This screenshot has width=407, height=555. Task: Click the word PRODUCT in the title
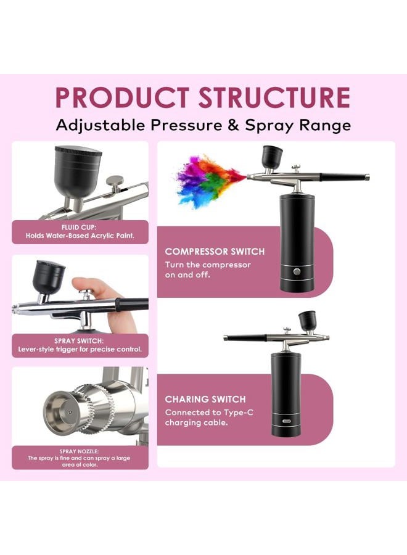122,97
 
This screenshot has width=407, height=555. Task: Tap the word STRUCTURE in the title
274,97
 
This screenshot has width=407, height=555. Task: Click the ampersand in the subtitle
233,125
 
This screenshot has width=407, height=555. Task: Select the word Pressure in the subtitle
186,125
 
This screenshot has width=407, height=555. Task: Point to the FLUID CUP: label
78,227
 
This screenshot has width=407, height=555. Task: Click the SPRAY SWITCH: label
79,341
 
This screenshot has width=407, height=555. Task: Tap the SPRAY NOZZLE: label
80,451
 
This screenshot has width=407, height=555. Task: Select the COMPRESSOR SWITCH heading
215,252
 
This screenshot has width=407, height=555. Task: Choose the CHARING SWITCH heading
205,399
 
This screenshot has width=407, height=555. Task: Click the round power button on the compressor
297,271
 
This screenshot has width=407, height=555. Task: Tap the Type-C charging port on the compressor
286,421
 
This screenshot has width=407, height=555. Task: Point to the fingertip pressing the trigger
82,283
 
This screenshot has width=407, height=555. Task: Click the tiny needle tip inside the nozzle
70,412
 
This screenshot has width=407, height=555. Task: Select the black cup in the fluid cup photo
78,173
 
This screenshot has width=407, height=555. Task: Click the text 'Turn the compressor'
208,265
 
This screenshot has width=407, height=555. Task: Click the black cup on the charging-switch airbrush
307,320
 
